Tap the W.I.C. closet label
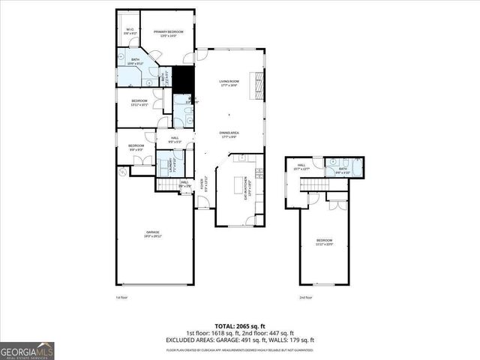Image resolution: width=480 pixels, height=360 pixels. click(x=130, y=32)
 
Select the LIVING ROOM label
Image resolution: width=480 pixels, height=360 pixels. click(x=229, y=83)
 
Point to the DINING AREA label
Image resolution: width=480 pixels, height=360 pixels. click(x=229, y=135)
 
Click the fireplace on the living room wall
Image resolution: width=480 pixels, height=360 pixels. click(x=259, y=83)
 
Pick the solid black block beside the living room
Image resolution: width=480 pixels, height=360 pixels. click(x=183, y=79)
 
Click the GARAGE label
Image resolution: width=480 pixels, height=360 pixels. click(x=153, y=234)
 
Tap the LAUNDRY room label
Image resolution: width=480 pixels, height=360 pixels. click(x=162, y=166)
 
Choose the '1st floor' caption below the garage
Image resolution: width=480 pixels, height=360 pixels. click(x=121, y=297)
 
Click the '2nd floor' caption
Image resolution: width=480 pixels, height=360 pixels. click(x=304, y=297)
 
